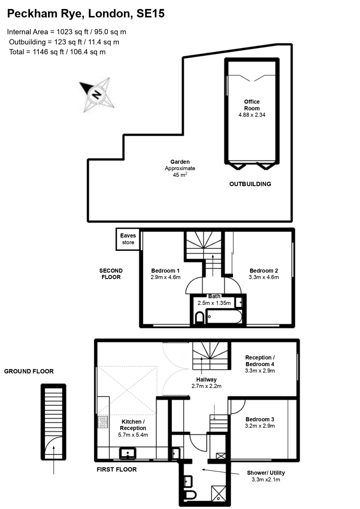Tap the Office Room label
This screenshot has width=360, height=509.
coord(252,105)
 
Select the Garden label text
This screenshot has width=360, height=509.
coord(180,162)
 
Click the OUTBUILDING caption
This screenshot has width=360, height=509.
coord(250,184)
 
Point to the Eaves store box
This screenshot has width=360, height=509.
coord(128,239)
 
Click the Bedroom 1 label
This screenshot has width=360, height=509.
coord(165,271)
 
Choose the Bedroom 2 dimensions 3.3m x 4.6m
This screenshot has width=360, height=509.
coord(264,277)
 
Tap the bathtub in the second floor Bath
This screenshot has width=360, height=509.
coord(224,316)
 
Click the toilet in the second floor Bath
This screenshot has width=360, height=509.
coord(200,317)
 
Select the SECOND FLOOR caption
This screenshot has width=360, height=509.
coord(111,274)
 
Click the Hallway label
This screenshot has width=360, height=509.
coord(206,380)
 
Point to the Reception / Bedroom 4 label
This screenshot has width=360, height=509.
coord(260,361)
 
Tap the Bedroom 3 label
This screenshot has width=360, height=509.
coord(260,419)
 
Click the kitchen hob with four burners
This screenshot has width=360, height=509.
coord(103,422)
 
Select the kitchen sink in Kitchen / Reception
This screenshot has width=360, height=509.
coord(128,453)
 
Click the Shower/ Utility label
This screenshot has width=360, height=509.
coord(266,473)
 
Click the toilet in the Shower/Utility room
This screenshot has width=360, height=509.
coord(190,495)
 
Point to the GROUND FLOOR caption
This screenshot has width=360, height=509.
coord(29,371)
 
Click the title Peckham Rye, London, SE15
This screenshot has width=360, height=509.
coord(86,13)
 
